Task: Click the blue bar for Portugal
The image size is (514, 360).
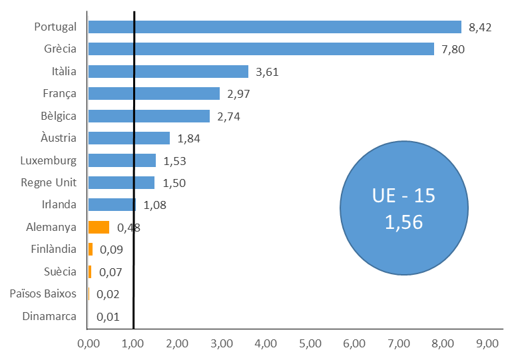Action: pyautogui.click(x=275, y=27)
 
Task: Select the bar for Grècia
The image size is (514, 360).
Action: pyautogui.click(x=261, y=49)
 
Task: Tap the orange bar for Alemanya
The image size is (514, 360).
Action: pyautogui.click(x=99, y=227)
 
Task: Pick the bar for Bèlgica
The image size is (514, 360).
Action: pyautogui.click(x=149, y=116)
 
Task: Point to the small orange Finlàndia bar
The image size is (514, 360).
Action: pyautogui.click(x=91, y=250)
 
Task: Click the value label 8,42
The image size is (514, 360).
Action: pyautogui.click(x=480, y=27)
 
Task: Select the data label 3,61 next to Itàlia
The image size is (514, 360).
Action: pyautogui.click(x=267, y=72)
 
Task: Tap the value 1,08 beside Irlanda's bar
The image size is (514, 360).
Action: pyautogui.click(x=154, y=206)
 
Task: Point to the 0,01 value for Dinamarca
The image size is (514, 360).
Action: pyautogui.click(x=108, y=317)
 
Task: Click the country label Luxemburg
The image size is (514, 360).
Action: pyautogui.click(x=48, y=160)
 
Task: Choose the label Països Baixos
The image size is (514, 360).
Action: pyautogui.click(x=43, y=293)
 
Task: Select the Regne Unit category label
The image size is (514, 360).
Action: pyautogui.click(x=49, y=182)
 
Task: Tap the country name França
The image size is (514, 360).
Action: pyautogui.click(x=60, y=93)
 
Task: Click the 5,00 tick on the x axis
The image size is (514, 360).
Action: pyautogui.click(x=310, y=343)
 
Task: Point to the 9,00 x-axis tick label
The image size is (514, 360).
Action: pyautogui.click(x=487, y=343)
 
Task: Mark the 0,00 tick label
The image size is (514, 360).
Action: pyautogui.click(x=89, y=343)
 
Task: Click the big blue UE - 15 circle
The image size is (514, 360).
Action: pyautogui.click(x=404, y=208)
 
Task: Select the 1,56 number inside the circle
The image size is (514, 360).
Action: pyautogui.click(x=404, y=222)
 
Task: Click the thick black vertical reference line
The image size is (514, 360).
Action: pyautogui.click(x=134, y=170)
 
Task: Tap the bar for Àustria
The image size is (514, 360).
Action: pyautogui.click(x=128, y=138)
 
